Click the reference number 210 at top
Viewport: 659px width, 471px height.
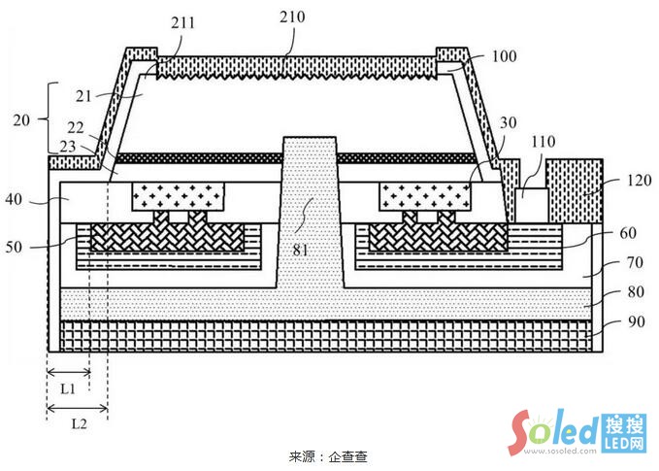[x=290, y=17]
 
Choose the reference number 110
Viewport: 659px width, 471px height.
[x=544, y=142]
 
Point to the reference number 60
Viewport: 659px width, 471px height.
[x=627, y=234]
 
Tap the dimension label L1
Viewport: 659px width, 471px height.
[x=68, y=387]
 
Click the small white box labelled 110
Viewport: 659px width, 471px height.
[x=531, y=205]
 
